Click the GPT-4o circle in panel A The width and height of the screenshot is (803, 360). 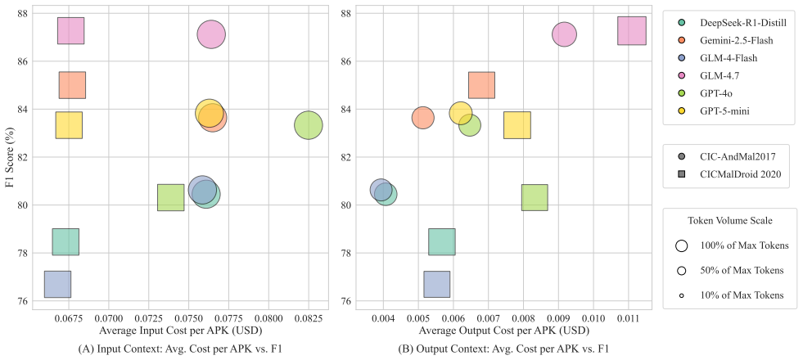(309, 125)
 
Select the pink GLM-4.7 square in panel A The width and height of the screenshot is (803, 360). (70, 31)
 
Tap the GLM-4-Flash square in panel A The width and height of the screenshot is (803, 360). (57, 284)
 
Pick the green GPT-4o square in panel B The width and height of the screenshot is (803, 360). (535, 198)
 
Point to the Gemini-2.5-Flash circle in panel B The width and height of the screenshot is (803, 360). (423, 118)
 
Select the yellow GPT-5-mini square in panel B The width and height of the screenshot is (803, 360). (517, 125)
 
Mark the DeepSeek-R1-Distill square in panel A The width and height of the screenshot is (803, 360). (65, 241)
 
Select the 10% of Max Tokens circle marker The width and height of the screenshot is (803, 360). (681, 295)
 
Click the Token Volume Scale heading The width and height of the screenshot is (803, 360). (730, 221)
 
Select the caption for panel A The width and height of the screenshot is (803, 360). (180, 349)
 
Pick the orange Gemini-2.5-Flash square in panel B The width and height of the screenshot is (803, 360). (481, 85)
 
